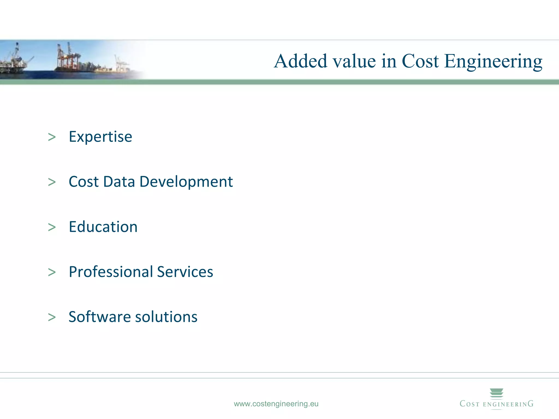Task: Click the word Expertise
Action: click(x=100, y=137)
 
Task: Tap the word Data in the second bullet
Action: click(x=119, y=182)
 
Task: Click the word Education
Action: click(x=103, y=227)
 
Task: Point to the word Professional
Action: click(x=111, y=272)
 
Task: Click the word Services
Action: click(x=185, y=272)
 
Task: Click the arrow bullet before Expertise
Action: click(x=52, y=137)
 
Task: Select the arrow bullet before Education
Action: click(x=52, y=227)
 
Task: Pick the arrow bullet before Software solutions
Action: click(x=52, y=317)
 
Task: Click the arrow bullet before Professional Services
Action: click(x=52, y=272)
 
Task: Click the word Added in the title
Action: click(x=300, y=61)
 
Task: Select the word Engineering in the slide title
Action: click(x=493, y=62)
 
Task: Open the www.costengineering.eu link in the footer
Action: click(x=276, y=404)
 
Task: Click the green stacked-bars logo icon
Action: click(x=496, y=393)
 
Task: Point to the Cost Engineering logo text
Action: click(x=496, y=404)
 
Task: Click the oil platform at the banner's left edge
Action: click(x=14, y=60)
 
